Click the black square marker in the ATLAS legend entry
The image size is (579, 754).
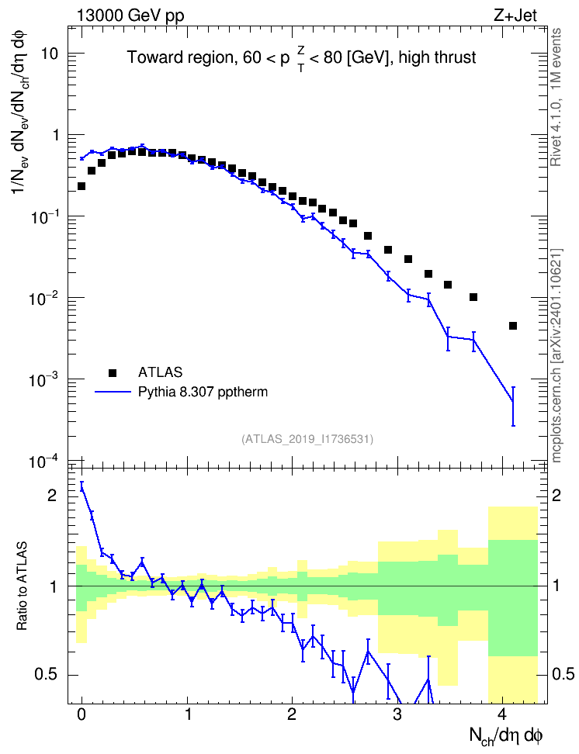tap(113, 372)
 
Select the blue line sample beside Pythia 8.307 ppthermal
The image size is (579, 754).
tap(113, 392)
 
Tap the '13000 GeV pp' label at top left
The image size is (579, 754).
tap(130, 16)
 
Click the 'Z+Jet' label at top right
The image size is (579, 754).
tap(515, 16)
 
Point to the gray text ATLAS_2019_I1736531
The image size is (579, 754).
tap(307, 438)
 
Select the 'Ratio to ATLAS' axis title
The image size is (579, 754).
tap(22, 586)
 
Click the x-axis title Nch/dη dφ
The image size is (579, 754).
tap(506, 735)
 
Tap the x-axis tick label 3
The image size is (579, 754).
tap(397, 714)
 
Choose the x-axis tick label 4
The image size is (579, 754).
tap(502, 714)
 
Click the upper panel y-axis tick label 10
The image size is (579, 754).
tap(50, 54)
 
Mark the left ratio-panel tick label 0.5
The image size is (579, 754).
tap(47, 674)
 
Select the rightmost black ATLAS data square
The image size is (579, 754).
tap(512, 326)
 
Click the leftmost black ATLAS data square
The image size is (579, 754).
tap(81, 186)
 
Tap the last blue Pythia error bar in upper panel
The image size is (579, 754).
tap(513, 406)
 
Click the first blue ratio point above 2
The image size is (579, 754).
tap(81, 487)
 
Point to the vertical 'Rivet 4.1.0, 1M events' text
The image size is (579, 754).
tap(556, 97)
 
